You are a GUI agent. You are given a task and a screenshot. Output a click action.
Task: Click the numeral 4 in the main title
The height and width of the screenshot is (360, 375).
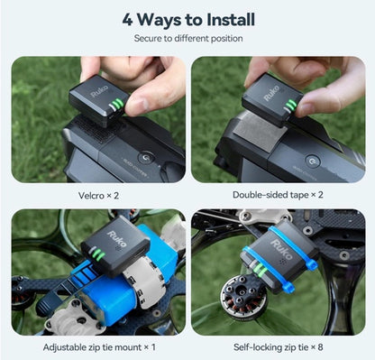127,20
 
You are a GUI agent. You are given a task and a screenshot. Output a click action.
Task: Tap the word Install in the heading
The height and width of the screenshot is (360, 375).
231,20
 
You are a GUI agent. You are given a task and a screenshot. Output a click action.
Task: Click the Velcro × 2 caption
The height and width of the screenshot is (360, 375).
98,196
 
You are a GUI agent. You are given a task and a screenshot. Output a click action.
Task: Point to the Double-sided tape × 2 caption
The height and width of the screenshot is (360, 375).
278,195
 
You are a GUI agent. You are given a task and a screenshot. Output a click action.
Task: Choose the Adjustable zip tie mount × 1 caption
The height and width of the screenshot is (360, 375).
99,347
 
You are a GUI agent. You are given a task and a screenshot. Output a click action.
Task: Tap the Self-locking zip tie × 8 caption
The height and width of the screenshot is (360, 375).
279,347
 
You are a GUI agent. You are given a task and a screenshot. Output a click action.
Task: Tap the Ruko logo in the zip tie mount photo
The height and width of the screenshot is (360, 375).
117,239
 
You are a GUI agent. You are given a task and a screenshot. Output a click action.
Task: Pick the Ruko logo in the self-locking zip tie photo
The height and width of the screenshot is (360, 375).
281,249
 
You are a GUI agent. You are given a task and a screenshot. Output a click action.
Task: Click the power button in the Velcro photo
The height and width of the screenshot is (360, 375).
146,158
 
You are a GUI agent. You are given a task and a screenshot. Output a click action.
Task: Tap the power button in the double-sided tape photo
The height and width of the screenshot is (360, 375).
313,161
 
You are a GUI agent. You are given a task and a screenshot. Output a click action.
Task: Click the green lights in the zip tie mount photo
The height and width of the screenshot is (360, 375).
99,254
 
